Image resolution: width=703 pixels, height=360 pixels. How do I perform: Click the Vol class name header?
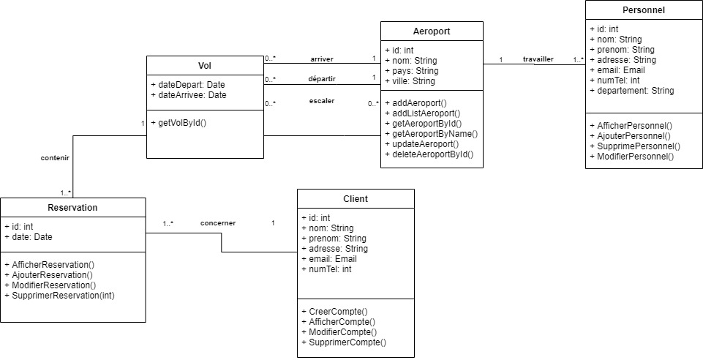click(205, 64)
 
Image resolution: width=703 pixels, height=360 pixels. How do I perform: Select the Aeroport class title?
click(432, 31)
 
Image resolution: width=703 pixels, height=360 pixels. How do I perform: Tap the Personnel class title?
click(643, 10)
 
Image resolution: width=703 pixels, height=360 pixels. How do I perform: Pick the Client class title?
click(356, 198)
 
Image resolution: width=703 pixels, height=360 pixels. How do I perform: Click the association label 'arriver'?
click(322, 59)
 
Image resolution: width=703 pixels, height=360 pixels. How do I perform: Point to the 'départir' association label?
click(322, 79)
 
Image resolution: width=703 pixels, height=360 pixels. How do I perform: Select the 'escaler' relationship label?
click(321, 100)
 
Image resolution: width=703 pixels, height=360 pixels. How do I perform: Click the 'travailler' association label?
click(538, 59)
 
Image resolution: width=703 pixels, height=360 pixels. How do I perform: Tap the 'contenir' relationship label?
click(56, 157)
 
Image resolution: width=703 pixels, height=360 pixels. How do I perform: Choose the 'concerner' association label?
click(218, 222)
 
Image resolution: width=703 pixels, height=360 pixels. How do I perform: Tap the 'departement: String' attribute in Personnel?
click(632, 91)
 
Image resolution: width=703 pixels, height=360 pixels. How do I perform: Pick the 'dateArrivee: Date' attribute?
click(189, 95)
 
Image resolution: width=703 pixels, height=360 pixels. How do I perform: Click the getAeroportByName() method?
click(431, 134)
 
